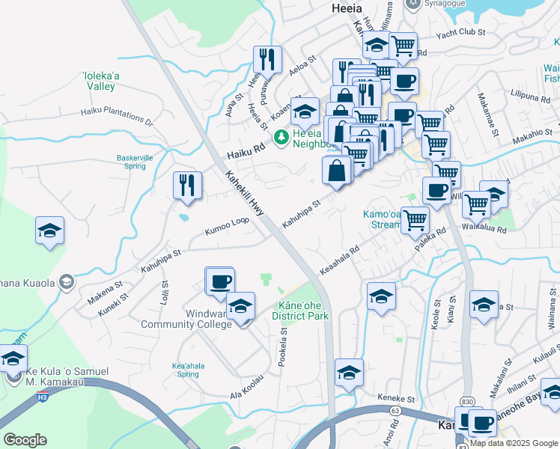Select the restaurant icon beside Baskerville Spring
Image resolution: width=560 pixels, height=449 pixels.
(186, 184)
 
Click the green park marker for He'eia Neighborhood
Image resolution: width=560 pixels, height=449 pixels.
(281, 137)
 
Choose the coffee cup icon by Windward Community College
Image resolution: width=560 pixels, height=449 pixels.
(220, 281)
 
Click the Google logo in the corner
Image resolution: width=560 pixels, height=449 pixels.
(25, 440)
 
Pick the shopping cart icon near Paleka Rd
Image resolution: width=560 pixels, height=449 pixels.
(414, 220)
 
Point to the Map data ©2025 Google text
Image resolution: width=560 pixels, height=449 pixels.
(514, 443)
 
